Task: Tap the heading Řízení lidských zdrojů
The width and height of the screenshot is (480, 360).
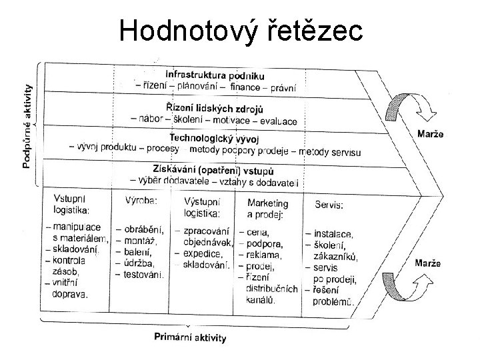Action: point(215,109)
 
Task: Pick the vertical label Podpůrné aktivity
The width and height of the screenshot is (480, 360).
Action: point(29,125)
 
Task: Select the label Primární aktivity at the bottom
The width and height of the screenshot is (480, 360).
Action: point(190,337)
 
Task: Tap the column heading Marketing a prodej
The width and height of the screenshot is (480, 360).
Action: point(268,207)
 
